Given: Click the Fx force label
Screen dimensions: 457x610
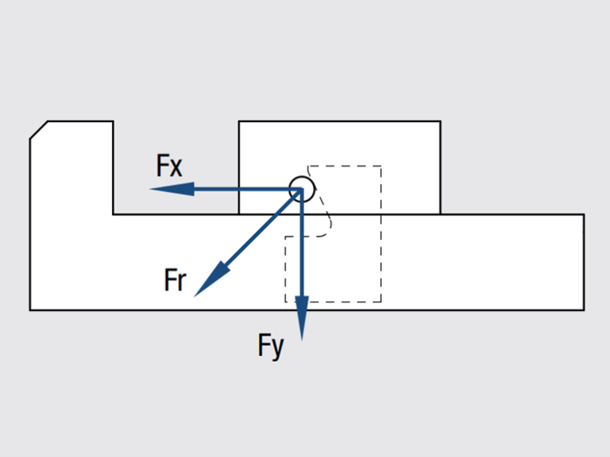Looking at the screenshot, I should pyautogui.click(x=169, y=167).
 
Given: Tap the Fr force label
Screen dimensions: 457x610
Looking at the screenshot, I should pyautogui.click(x=175, y=281).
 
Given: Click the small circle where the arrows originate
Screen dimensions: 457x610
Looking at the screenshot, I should pyautogui.click(x=302, y=189).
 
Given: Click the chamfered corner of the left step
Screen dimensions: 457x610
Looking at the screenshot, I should pyautogui.click(x=39, y=130).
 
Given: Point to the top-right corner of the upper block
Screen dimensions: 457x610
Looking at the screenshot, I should pyautogui.click(x=440, y=121).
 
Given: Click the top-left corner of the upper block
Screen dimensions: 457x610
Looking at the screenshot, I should pyautogui.click(x=239, y=121).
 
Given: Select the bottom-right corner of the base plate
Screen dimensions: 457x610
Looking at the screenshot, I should pyautogui.click(x=584, y=309).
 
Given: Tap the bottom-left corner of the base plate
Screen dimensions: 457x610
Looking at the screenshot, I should pyautogui.click(x=30, y=309).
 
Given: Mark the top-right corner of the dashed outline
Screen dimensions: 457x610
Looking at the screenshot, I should pyautogui.click(x=381, y=167).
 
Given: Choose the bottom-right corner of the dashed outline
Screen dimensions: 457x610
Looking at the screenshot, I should pyautogui.click(x=381, y=301).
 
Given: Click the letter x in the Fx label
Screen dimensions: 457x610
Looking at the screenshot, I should pyautogui.click(x=176, y=168).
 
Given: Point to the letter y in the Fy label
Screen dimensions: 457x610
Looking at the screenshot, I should pyautogui.click(x=278, y=348).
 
